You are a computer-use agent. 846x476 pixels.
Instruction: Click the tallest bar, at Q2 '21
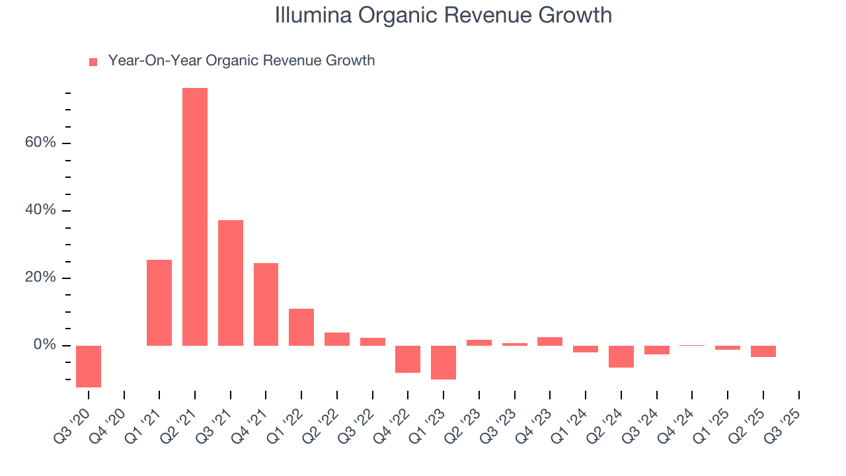[195, 217]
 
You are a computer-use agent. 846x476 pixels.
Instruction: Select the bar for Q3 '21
[231, 283]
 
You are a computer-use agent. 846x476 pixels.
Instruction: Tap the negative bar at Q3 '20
[89, 366]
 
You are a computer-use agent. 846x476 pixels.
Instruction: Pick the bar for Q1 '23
[443, 362]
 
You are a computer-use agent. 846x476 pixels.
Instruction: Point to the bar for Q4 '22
[408, 359]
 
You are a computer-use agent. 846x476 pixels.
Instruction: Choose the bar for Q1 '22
[301, 327]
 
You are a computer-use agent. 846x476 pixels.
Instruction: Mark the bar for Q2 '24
[621, 356]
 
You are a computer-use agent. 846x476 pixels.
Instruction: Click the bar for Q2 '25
[763, 351]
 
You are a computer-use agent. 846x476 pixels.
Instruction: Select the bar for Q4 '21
[266, 304]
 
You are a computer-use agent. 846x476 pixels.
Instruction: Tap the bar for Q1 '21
[159, 303]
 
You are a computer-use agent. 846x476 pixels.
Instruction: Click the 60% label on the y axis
[41, 143]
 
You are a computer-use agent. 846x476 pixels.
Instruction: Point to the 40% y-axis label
[41, 211]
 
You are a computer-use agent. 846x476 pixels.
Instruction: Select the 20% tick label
[41, 278]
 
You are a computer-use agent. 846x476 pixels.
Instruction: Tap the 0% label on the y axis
[45, 346]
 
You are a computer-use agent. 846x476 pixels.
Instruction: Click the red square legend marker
[93, 61]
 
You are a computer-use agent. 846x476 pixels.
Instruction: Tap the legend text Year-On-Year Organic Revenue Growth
[241, 61]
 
